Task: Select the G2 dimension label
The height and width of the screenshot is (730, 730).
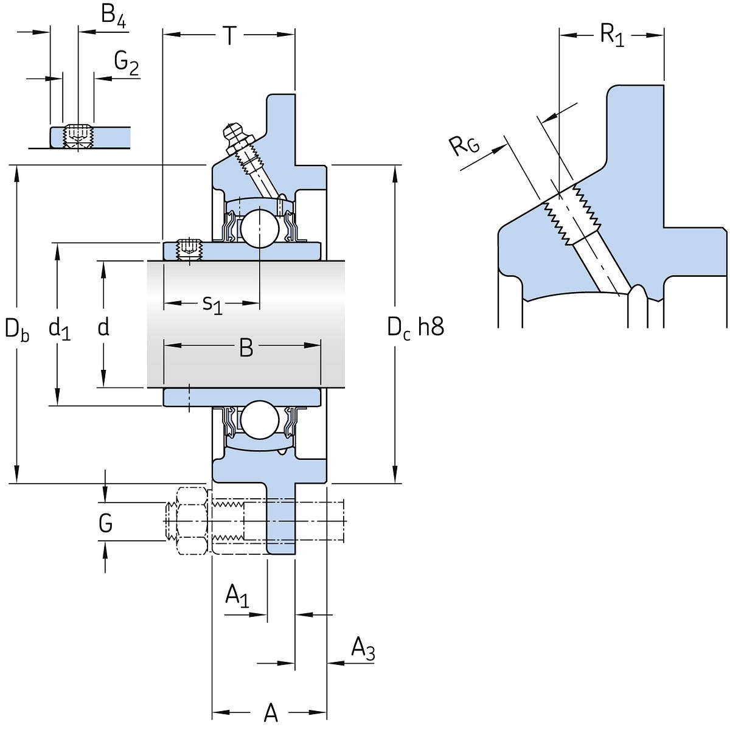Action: (126, 62)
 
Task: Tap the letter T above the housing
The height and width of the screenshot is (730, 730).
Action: (229, 36)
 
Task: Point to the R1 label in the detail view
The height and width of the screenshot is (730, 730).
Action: (611, 35)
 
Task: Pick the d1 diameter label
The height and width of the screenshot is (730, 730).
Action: (60, 329)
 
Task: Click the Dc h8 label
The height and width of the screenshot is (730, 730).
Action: (416, 328)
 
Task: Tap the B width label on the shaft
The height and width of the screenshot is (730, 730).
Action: (246, 348)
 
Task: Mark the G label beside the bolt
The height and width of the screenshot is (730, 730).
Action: (105, 523)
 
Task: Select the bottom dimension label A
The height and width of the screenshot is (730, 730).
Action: (271, 712)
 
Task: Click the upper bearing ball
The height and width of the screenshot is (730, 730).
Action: (259, 228)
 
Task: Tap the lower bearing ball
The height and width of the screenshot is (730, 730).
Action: (259, 419)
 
